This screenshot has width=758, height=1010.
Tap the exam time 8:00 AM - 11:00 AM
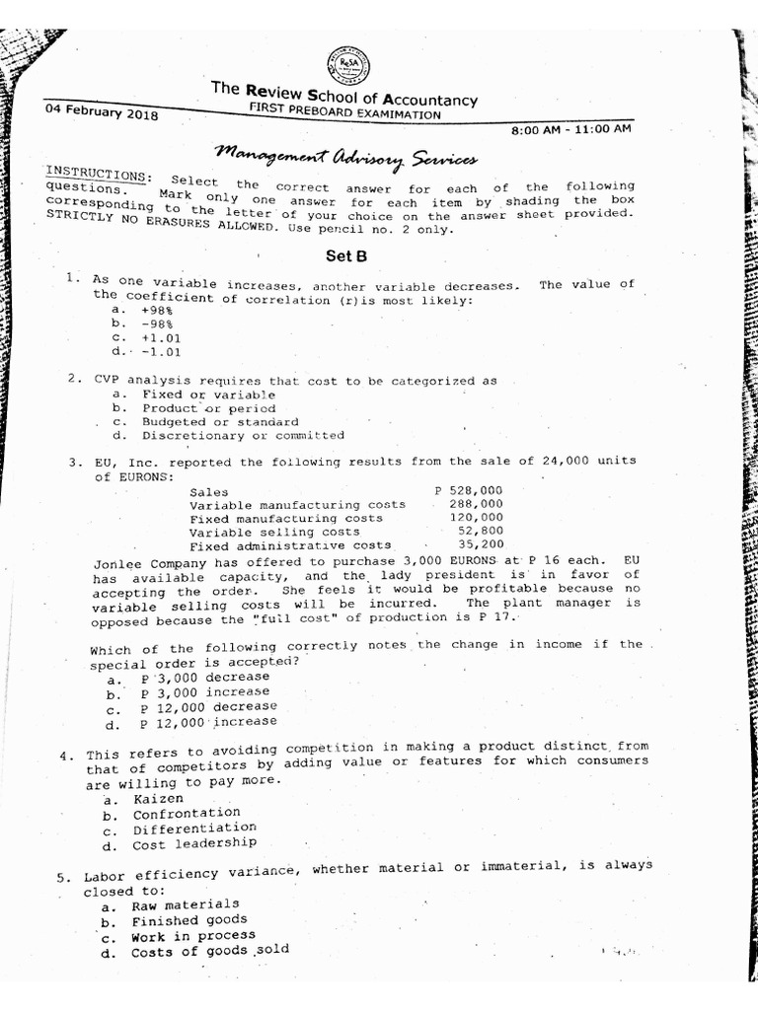[571, 129]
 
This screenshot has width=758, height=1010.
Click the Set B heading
[346, 256]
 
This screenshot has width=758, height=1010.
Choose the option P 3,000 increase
[204, 692]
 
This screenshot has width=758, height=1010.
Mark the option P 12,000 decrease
[208, 707]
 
